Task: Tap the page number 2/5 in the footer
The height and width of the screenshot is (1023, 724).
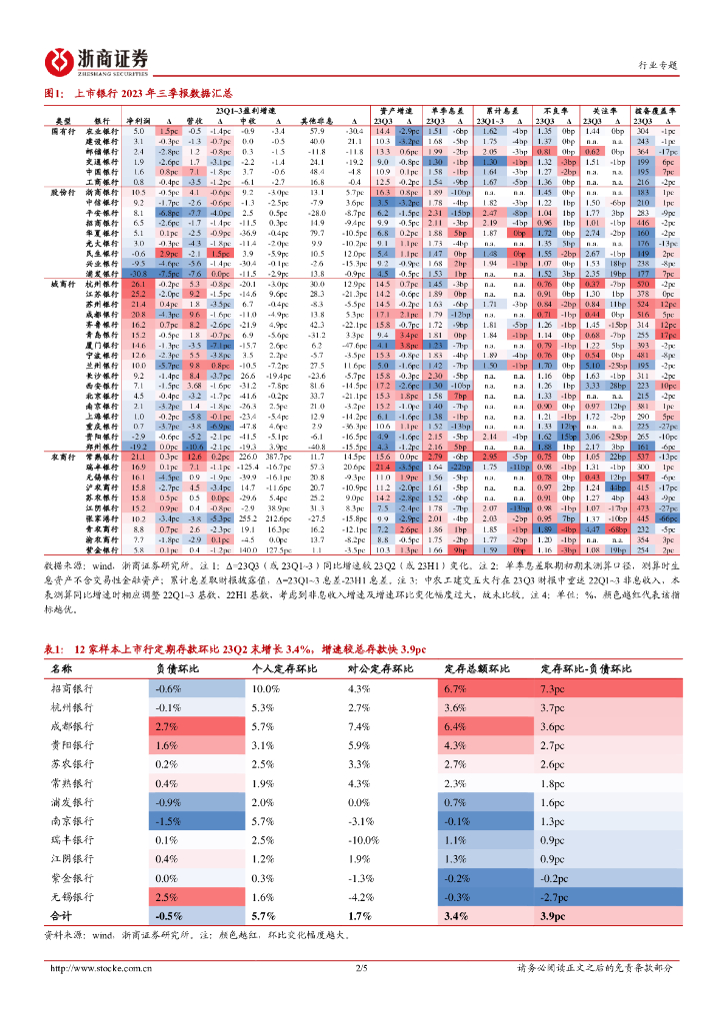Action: pos(361,967)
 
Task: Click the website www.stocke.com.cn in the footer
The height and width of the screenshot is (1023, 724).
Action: pos(100,967)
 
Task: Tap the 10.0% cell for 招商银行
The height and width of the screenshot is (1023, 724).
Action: pos(265,689)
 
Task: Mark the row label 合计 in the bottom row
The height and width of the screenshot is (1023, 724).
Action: pos(61,915)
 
